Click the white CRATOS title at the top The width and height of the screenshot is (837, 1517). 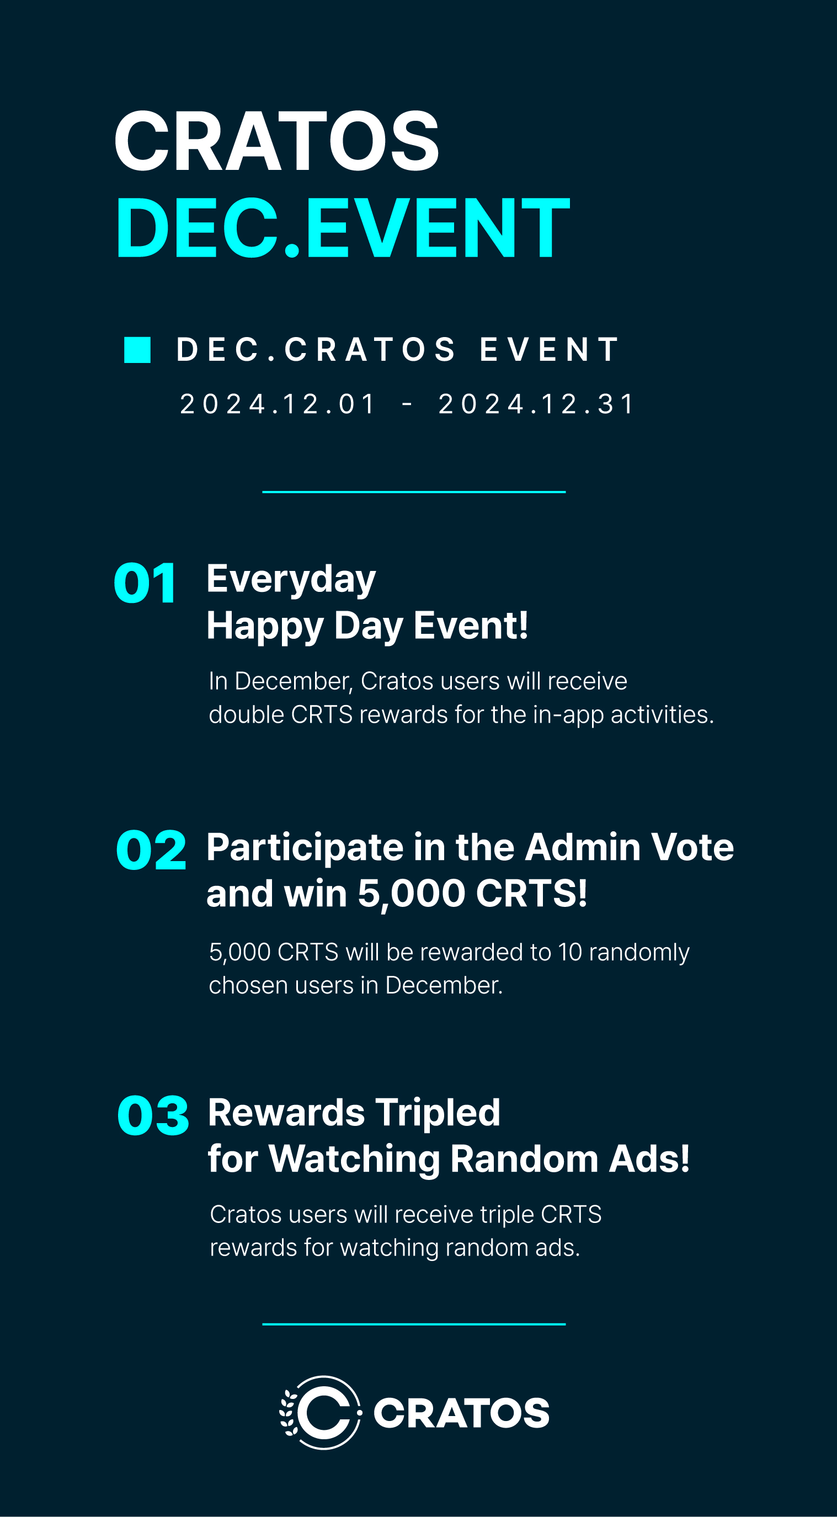point(277,141)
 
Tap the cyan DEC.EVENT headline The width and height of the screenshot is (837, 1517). point(343,228)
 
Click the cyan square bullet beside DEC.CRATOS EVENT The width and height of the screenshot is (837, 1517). point(137,350)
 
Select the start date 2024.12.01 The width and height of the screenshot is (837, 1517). point(278,404)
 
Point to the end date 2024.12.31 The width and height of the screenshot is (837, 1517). point(536,404)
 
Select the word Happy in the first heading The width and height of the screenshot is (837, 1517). point(265,627)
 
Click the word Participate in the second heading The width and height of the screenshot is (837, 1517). point(305,848)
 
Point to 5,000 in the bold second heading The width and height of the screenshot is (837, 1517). point(411,894)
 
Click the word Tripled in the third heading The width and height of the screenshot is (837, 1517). point(438,1113)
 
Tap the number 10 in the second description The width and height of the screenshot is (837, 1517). point(569,952)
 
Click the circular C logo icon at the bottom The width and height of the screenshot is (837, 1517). point(321,1412)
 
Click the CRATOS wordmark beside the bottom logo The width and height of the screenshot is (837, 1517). point(462,1413)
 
